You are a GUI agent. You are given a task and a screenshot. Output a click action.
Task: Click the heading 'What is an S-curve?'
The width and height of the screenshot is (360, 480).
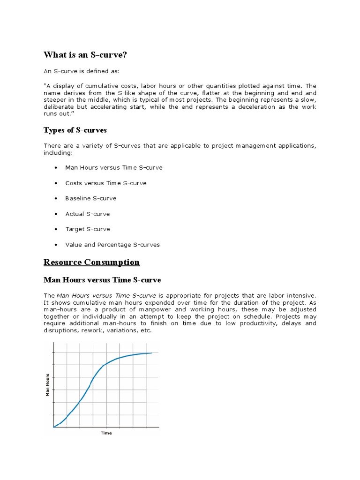click(x=85, y=55)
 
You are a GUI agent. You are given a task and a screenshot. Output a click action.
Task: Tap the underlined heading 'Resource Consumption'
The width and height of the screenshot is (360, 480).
click(x=91, y=262)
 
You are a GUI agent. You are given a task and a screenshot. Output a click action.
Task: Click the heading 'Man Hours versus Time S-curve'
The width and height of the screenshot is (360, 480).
click(x=102, y=280)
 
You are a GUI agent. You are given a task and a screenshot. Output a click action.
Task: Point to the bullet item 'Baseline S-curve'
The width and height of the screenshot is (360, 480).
click(x=90, y=198)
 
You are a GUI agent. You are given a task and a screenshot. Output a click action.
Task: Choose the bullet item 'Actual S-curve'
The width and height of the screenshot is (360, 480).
click(x=87, y=214)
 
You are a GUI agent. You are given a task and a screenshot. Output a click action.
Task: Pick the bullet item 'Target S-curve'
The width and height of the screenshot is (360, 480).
click(x=88, y=229)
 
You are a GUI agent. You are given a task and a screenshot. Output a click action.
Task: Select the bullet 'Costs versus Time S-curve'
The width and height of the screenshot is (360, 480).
click(x=105, y=183)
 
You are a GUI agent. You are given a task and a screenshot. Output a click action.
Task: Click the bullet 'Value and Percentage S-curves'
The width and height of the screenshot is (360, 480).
click(x=112, y=245)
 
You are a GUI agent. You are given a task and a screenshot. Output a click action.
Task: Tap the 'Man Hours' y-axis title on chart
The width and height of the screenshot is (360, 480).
click(x=47, y=384)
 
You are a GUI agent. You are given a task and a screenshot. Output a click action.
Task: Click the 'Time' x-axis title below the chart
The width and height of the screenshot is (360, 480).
click(x=106, y=433)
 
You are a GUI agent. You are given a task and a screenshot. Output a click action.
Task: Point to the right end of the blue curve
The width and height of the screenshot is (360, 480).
click(x=151, y=353)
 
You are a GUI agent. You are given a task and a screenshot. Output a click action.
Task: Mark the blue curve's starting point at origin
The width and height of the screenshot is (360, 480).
click(x=54, y=427)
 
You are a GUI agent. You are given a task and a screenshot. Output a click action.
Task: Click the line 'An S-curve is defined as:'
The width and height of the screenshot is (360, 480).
click(x=82, y=71)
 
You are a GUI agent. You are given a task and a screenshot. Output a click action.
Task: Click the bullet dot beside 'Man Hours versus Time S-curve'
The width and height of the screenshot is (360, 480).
click(x=56, y=168)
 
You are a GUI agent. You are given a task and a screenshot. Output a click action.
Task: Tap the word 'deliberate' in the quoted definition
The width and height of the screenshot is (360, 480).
click(x=59, y=107)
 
